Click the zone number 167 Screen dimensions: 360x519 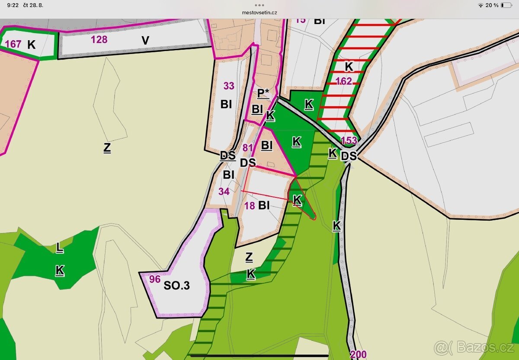click(14, 44)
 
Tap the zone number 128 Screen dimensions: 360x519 click(99, 40)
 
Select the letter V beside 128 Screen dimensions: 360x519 click(145, 41)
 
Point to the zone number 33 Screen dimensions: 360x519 click(229, 86)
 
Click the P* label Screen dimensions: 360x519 click(263, 93)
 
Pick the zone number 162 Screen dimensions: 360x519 click(343, 81)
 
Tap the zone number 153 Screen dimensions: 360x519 click(349, 140)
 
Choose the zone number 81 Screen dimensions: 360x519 click(247, 148)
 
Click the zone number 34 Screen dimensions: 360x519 click(224, 191)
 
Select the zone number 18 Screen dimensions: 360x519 click(250, 206)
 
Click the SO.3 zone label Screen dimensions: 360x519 click(176, 286)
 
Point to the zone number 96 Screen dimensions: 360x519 click(155, 279)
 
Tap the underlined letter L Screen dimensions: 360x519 click(59, 248)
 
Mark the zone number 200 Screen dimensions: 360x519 click(359, 355)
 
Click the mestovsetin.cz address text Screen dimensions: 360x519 click(259, 13)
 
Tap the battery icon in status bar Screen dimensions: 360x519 click(506, 5)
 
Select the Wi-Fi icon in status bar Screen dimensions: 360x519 click(481, 5)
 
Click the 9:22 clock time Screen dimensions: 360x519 click(13, 5)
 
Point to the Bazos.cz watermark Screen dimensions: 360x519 click(474, 347)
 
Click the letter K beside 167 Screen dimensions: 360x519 click(31, 44)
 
